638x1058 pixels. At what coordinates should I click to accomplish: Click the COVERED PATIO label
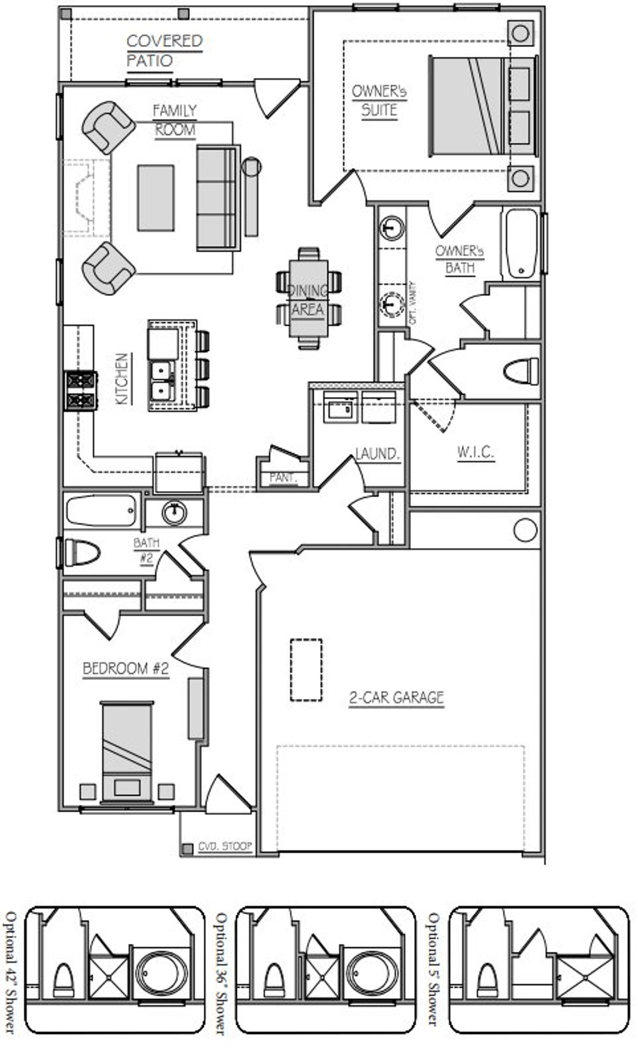pos(164,50)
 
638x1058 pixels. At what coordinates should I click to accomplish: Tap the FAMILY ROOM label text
pos(174,120)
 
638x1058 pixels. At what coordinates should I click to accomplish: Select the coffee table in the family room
pos(156,198)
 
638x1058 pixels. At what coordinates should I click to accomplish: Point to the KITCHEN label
pos(122,378)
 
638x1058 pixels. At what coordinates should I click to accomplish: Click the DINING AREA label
pos(308,300)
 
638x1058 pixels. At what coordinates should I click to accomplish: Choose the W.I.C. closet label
pos(476,452)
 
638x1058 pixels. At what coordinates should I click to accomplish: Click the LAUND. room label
pos(378,454)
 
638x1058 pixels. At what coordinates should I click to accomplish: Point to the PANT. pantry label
pos(283,478)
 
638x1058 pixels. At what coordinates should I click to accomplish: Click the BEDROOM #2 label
pos(126,669)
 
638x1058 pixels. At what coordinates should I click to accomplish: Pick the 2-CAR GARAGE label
pos(396,697)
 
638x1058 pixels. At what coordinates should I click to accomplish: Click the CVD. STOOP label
pos(225,846)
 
